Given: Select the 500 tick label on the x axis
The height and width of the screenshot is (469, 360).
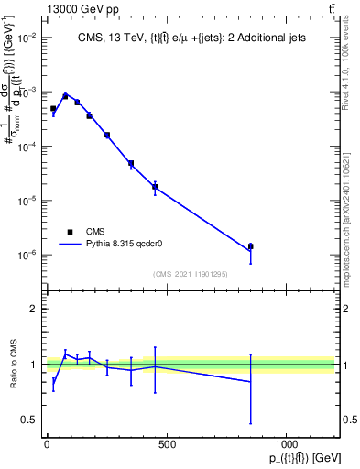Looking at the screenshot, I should (x=167, y=444).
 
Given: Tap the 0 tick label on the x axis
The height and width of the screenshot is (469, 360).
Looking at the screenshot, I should (x=47, y=444).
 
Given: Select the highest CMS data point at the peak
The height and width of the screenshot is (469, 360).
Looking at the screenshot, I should (x=65, y=95).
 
